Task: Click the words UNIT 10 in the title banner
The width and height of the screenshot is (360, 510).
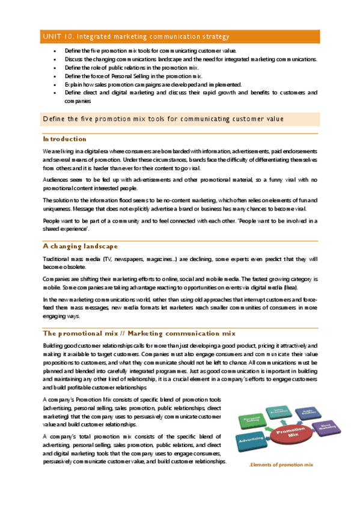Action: click(58, 37)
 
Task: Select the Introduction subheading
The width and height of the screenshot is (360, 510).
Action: click(64, 138)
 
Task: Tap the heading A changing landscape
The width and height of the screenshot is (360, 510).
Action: click(80, 246)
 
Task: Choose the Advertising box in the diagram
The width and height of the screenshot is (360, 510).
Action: click(251, 438)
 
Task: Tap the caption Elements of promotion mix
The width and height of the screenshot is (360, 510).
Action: click(281, 465)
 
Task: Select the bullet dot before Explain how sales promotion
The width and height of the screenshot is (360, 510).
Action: click(55, 85)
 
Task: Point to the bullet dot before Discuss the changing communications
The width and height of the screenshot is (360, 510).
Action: click(55, 60)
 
